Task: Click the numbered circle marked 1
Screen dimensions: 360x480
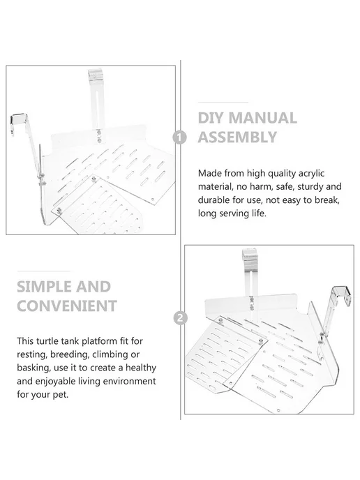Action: click(x=180, y=137)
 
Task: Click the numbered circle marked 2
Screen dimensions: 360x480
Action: click(x=180, y=317)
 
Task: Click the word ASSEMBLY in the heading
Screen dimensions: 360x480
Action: click(x=237, y=137)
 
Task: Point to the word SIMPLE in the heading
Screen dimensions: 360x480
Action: click(x=42, y=287)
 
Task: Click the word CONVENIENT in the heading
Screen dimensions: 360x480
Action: click(x=67, y=306)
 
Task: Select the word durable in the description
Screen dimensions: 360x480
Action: click(x=213, y=200)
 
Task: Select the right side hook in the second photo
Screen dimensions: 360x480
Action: click(x=340, y=296)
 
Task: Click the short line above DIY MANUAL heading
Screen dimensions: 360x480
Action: click(x=223, y=103)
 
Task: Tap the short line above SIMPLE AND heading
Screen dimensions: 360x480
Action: click(x=43, y=271)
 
